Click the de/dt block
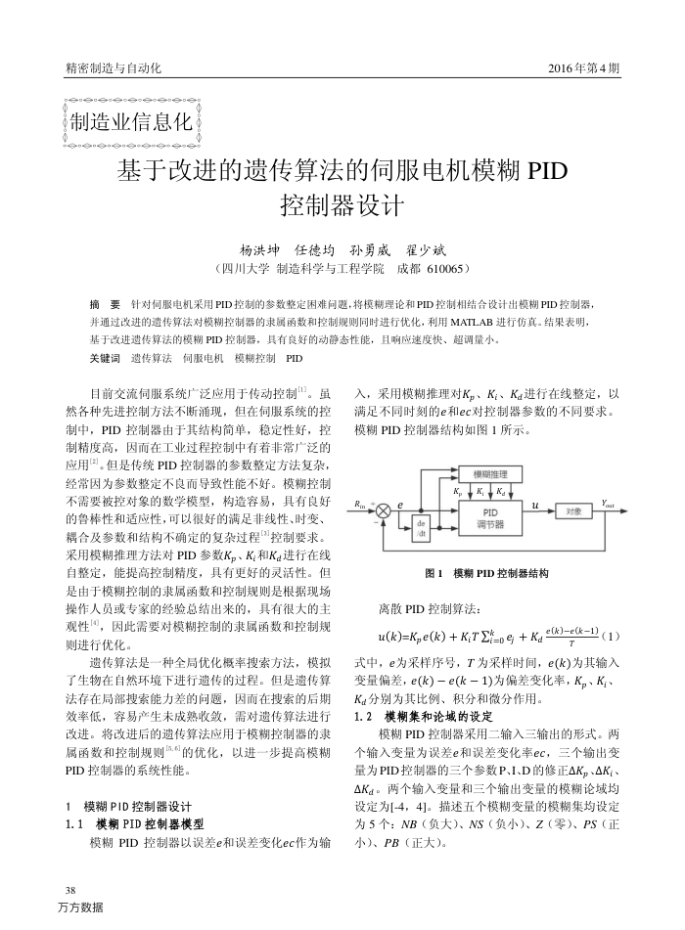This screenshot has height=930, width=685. (422, 528)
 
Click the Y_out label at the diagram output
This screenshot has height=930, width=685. (610, 503)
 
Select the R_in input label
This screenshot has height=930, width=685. (360, 504)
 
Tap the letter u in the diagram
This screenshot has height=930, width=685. (534, 505)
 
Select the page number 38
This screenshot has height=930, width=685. (68, 889)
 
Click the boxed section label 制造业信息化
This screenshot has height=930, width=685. (129, 123)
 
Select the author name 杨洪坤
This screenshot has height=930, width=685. (259, 249)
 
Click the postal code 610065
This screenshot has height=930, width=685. (445, 267)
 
